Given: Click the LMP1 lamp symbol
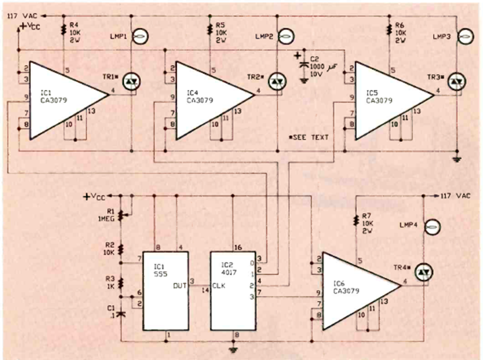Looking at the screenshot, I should click(139, 37).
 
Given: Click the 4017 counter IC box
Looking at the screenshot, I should click(233, 291).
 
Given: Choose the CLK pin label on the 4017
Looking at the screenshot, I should click(220, 285).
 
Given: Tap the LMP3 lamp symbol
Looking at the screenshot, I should click(464, 37).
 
